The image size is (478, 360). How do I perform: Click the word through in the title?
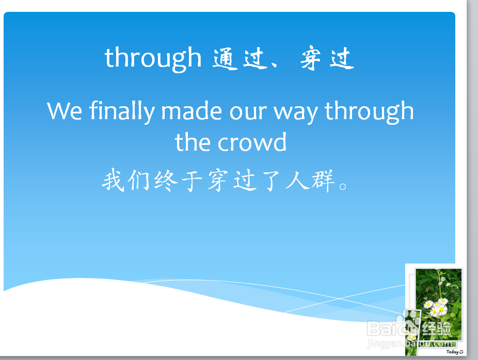pyautogui.click(x=153, y=59)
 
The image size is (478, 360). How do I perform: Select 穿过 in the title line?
pyautogui.click(x=327, y=58)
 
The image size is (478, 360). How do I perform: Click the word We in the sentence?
pyautogui.click(x=65, y=111)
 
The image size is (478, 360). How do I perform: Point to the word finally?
pyautogui.click(x=122, y=111)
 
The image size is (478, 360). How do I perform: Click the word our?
pyautogui.click(x=248, y=112)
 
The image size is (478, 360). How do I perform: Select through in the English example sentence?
pyautogui.click(x=369, y=111)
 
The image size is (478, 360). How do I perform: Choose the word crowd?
pyautogui.click(x=252, y=142)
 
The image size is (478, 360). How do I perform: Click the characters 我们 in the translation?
pyautogui.click(x=125, y=180)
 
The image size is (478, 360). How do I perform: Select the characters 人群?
pyautogui.click(x=310, y=181)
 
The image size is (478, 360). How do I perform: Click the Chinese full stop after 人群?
pyautogui.click(x=343, y=186)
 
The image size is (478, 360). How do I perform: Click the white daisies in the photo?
pyautogui.click(x=436, y=306)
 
